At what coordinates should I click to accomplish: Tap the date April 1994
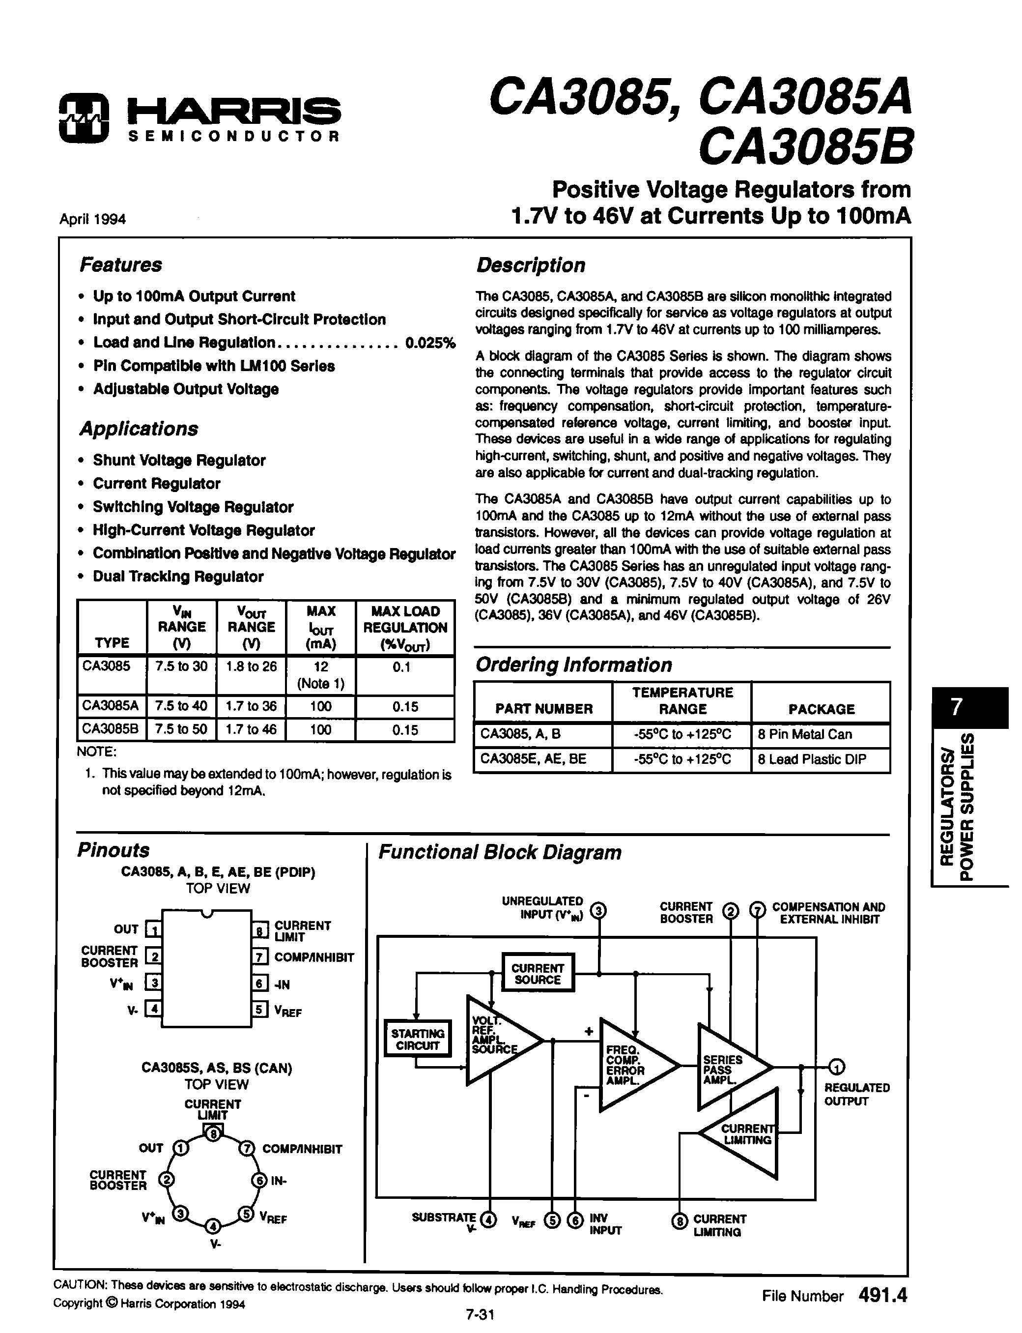click(92, 219)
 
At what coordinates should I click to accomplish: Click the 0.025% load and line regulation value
click(430, 343)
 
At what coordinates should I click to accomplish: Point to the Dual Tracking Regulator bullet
click(178, 576)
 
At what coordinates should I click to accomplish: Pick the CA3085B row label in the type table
click(111, 729)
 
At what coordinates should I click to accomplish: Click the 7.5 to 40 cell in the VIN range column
click(181, 706)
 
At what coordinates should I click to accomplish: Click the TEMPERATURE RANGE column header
click(682, 700)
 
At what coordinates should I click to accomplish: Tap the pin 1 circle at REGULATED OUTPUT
click(837, 1067)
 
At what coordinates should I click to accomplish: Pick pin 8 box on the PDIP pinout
click(260, 930)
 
